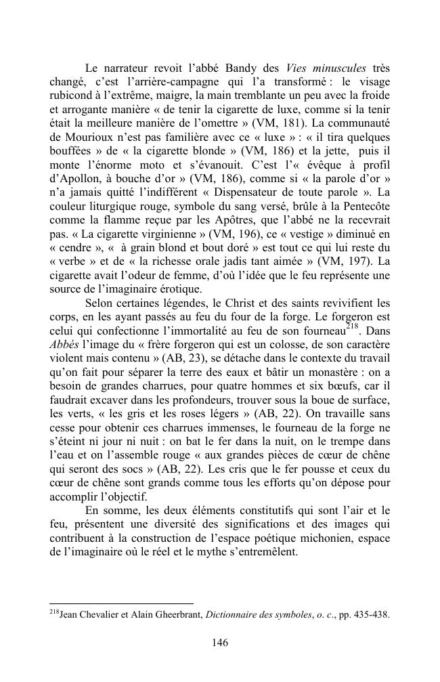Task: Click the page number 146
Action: [219, 643]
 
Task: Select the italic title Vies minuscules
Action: [326, 68]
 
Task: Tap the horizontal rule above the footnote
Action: [122, 602]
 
